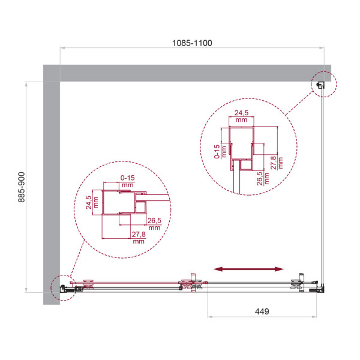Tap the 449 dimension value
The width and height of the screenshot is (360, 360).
(x=262, y=311)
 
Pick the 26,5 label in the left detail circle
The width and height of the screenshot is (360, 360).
(x=154, y=224)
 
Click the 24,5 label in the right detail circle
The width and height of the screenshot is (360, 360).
(x=241, y=116)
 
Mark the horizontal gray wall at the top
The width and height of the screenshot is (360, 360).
(x=192, y=73)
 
